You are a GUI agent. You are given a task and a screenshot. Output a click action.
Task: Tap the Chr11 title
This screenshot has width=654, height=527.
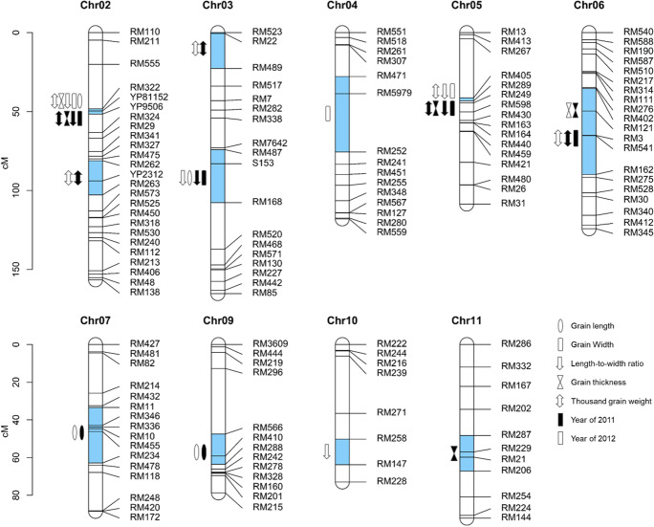pyautogui.click(x=467, y=322)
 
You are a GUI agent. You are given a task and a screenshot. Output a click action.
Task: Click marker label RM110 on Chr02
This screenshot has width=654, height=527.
pyautogui.click(x=145, y=32)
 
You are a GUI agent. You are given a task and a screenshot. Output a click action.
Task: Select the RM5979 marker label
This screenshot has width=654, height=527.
pyautogui.click(x=396, y=93)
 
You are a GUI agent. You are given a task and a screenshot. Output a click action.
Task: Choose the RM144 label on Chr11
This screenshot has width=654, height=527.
pyautogui.click(x=517, y=516)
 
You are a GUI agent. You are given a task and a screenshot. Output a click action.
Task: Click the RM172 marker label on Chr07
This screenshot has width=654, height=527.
pyautogui.click(x=145, y=516)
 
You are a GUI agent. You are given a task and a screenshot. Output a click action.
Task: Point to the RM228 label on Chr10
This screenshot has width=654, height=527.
pyautogui.click(x=392, y=480)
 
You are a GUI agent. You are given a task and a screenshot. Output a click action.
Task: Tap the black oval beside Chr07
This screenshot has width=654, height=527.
pyautogui.click(x=81, y=432)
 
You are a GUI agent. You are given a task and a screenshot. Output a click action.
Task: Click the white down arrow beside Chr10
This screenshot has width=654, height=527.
pyautogui.click(x=328, y=450)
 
